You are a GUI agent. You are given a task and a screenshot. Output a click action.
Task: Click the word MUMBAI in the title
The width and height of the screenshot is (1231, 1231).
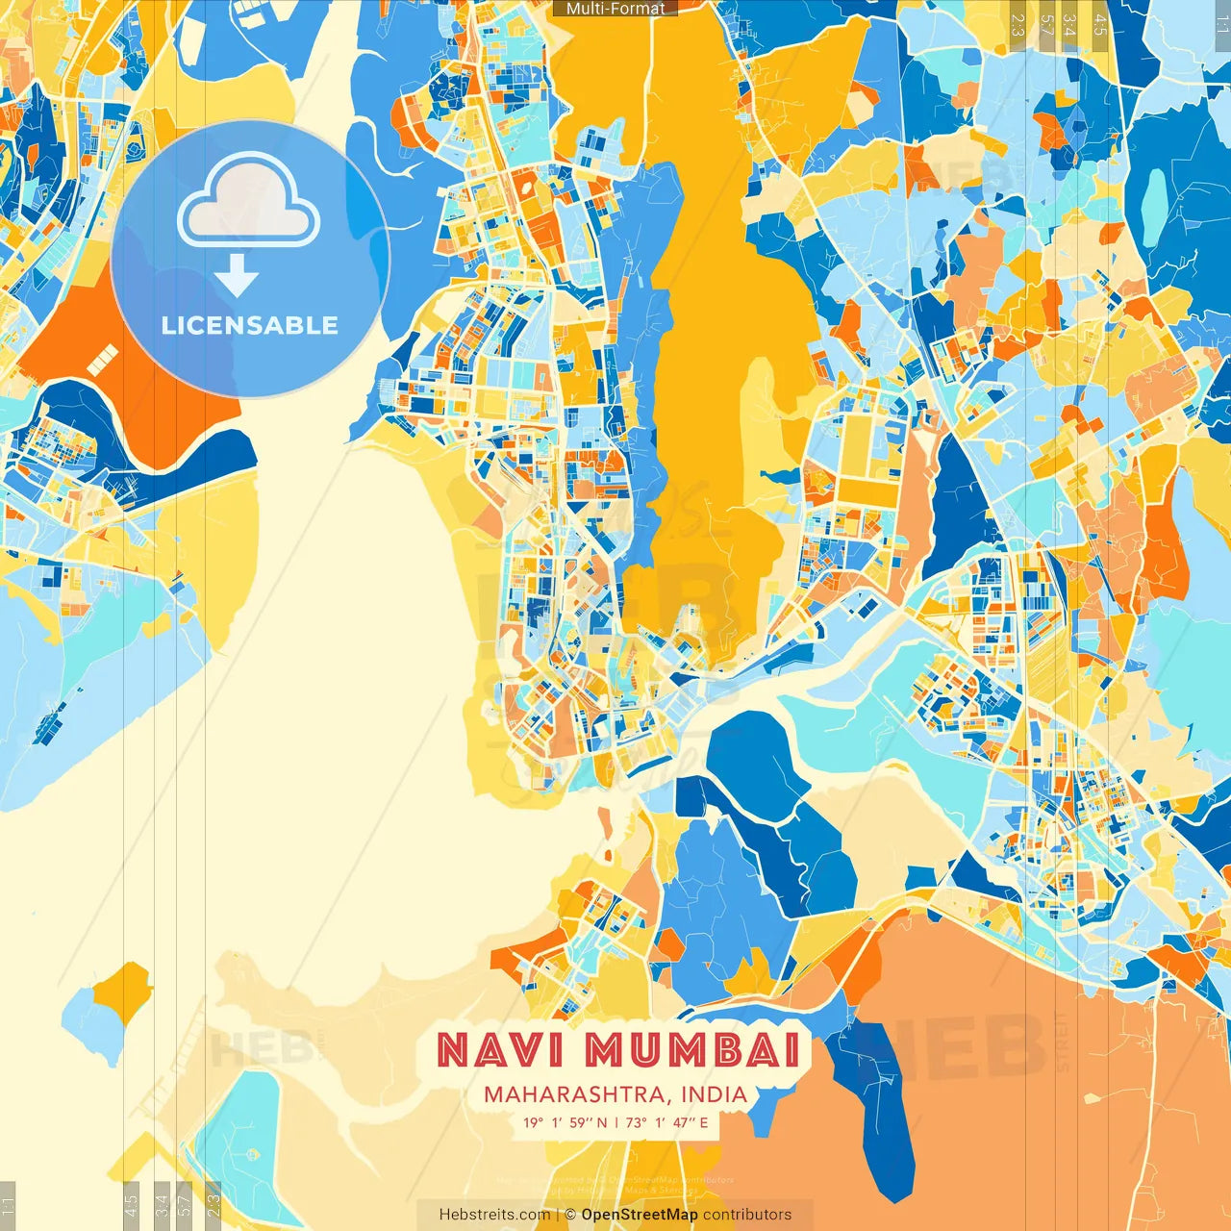pyautogui.click(x=692, y=1050)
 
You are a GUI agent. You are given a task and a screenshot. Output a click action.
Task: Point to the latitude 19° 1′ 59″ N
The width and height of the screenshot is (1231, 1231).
pyautogui.click(x=565, y=1122)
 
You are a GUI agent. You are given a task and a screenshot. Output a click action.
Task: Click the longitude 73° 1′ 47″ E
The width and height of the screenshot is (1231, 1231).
pyautogui.click(x=666, y=1122)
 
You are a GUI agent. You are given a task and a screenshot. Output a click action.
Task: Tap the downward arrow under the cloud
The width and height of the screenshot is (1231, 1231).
pyautogui.click(x=237, y=278)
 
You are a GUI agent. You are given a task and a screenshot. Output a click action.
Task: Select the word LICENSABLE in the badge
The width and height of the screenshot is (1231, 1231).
pyautogui.click(x=250, y=325)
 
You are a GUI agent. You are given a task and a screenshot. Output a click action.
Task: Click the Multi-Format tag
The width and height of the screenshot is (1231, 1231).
pyautogui.click(x=615, y=9)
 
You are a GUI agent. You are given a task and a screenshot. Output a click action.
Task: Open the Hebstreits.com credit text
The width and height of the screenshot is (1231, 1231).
pyautogui.click(x=494, y=1215)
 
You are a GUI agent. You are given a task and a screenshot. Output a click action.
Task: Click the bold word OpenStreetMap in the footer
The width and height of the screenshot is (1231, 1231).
pyautogui.click(x=640, y=1215)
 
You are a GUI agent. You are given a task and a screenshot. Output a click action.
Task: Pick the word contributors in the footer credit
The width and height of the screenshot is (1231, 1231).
pyautogui.click(x=747, y=1215)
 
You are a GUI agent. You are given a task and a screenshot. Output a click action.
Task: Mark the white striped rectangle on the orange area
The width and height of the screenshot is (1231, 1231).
pyautogui.click(x=101, y=361)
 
